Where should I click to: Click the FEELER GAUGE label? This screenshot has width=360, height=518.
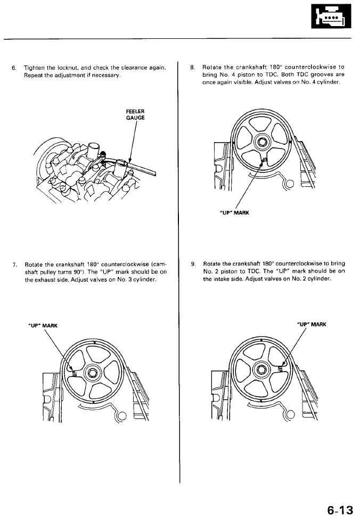click(x=135, y=114)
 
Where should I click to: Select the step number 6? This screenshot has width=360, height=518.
click(x=14, y=68)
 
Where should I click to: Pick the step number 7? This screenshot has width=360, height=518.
click(x=14, y=265)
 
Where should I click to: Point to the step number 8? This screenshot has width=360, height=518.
click(x=192, y=68)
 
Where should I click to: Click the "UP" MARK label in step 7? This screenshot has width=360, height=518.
click(x=42, y=325)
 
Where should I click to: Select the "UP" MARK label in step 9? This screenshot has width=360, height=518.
click(x=311, y=324)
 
